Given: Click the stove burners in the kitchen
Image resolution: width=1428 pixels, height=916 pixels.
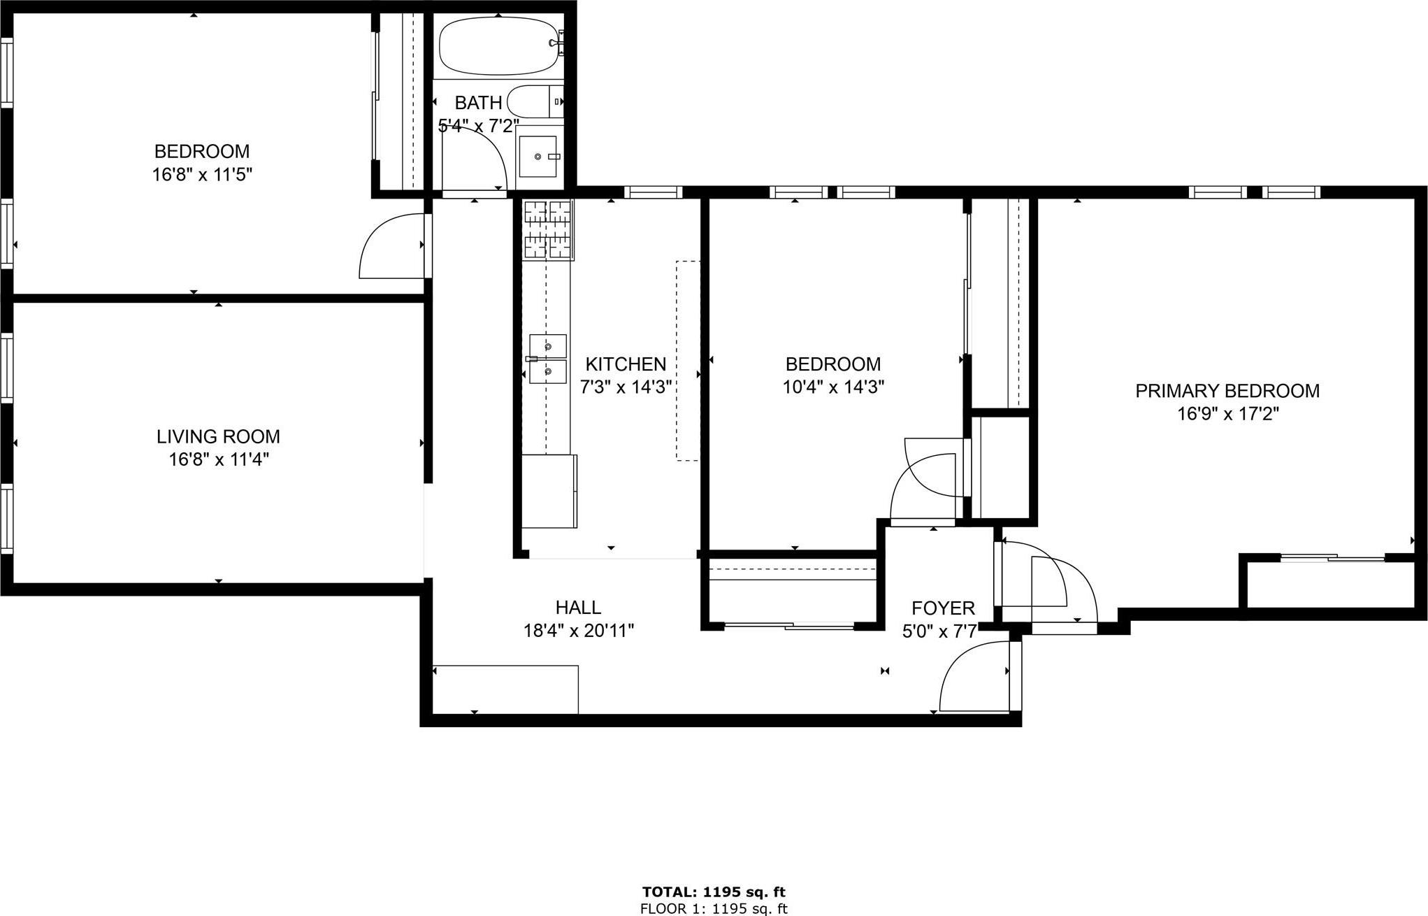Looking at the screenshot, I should tap(548, 229).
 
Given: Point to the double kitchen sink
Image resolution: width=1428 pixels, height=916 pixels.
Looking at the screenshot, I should tap(547, 359).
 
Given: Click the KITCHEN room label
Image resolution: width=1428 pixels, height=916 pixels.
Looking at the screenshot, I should tap(625, 364).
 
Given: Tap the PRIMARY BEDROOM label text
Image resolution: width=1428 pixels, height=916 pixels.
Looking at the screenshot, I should tap(1227, 391).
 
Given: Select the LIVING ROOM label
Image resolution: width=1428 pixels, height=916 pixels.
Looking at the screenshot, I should tap(218, 436).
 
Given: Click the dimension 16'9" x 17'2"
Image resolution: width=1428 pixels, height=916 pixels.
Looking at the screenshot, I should tap(1227, 414).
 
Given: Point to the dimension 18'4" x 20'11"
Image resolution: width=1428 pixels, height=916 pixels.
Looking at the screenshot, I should tap(578, 631).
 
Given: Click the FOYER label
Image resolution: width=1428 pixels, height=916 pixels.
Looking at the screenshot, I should tap(942, 608).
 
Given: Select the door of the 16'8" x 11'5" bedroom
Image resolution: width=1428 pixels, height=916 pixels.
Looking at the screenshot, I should tap(391, 248).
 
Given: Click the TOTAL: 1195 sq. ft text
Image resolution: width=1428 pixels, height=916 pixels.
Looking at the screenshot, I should tap(714, 892).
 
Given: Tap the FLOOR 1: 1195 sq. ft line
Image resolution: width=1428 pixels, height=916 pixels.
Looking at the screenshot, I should tap(714, 908).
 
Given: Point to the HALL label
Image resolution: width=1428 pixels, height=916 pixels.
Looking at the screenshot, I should tap(578, 607).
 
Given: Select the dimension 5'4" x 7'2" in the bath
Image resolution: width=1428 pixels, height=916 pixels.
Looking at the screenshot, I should tap(478, 126).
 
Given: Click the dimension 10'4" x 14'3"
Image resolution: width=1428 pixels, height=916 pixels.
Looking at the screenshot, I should tap(833, 387).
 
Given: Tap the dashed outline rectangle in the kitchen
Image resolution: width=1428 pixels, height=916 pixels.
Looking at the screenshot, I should tap(687, 360).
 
